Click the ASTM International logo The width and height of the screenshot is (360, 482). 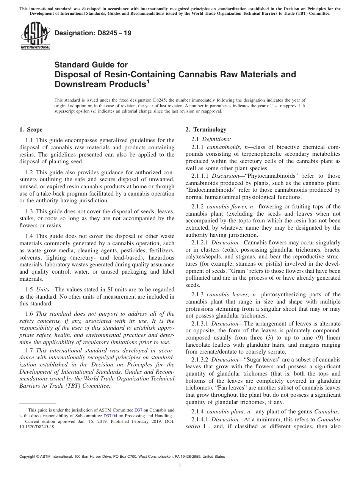(x=35, y=37)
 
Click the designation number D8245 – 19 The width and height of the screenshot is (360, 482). (x=93, y=33)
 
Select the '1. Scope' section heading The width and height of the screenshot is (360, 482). (x=31, y=130)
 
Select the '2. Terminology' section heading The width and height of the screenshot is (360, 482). (x=206, y=130)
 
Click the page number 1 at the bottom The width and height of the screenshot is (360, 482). (x=180, y=466)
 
